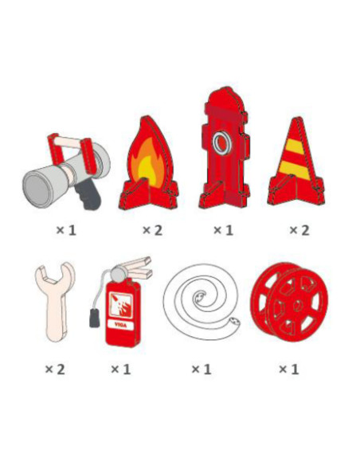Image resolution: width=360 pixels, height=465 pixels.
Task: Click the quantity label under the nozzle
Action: pyautogui.click(x=66, y=230)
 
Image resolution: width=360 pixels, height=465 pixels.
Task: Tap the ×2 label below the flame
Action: pyautogui.click(x=152, y=230)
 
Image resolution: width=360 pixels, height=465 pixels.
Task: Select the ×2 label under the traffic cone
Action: pyautogui.click(x=298, y=230)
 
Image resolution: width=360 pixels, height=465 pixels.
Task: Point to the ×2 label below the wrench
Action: pyautogui.click(x=55, y=369)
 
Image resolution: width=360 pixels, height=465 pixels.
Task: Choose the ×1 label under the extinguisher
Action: pyautogui.click(x=120, y=369)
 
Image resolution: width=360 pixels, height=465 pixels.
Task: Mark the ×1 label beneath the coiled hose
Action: pyautogui.click(x=202, y=369)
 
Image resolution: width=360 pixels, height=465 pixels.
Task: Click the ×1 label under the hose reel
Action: pyautogui.click(x=288, y=369)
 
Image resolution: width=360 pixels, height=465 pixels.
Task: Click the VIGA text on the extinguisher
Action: pyautogui.click(x=121, y=325)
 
